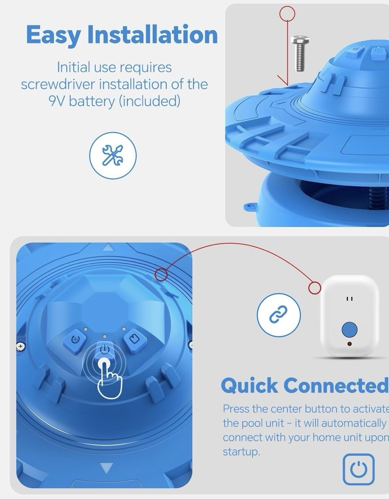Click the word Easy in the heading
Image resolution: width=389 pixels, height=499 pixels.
pyautogui.click(x=53, y=35)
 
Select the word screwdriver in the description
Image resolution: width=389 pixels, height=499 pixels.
pyautogui.click(x=58, y=84)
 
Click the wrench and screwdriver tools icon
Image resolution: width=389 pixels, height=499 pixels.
pyautogui.click(x=113, y=155)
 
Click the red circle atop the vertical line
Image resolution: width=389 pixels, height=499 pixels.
pyautogui.click(x=287, y=14)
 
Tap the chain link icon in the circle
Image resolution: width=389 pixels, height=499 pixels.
pyautogui.click(x=278, y=315)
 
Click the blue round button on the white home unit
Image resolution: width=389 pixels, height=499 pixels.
pyautogui.click(x=349, y=329)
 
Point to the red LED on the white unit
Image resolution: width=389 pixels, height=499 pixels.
pyautogui.click(x=349, y=344)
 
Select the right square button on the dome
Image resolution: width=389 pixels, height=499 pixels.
pyautogui.click(x=134, y=339)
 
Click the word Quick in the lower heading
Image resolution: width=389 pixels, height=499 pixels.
pyautogui.click(x=249, y=386)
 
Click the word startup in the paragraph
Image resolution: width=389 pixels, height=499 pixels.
pyautogui.click(x=241, y=452)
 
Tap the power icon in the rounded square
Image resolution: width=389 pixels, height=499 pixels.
pyautogui.click(x=358, y=469)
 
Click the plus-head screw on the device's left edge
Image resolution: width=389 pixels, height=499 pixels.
pyautogui.click(x=21, y=346)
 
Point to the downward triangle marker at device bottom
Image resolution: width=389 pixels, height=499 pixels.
pyautogui.click(x=107, y=467)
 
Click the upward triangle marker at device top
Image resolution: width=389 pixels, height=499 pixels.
pyautogui.click(x=108, y=247)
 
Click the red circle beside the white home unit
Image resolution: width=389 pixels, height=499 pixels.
pyautogui.click(x=315, y=287)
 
